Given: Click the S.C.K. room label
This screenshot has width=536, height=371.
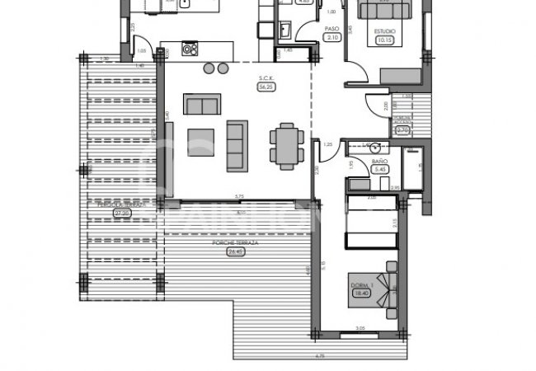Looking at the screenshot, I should (x=265, y=79).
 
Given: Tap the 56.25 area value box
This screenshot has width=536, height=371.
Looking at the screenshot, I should (x=266, y=87).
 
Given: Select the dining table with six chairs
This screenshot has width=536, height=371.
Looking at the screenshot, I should (x=284, y=146).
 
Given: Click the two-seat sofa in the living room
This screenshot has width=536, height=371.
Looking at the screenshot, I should (x=201, y=105).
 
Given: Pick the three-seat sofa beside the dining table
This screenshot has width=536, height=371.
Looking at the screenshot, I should (x=237, y=145).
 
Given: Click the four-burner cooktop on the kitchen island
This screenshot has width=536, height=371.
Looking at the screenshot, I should (x=190, y=49).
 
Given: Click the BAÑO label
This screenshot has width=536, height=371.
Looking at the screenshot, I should (x=379, y=162).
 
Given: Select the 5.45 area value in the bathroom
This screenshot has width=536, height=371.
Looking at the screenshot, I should (x=380, y=170).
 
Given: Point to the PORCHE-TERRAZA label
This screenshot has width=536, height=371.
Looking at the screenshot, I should (x=237, y=244).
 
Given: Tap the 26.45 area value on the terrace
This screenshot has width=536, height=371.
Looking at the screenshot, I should (x=237, y=252).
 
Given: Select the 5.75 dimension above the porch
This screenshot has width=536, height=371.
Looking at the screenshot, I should (x=238, y=195).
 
